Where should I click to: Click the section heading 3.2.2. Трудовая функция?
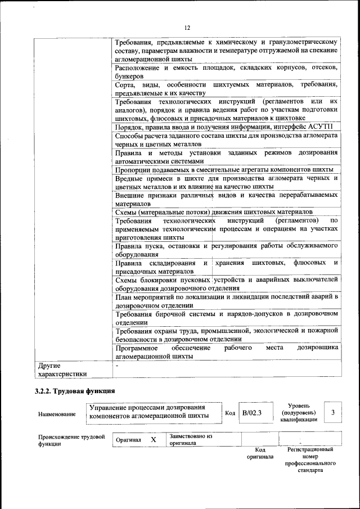coord(75,390)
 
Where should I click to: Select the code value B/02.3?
coord(252,413)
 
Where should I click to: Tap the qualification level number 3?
coord(333,413)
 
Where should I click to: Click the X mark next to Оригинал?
coord(153,439)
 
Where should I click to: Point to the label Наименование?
coord(57,415)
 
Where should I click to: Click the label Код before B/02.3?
coord(229,413)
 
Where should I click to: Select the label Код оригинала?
coord(260,453)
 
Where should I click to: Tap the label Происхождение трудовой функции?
coord(71,439)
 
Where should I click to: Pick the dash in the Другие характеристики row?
coord(116,365)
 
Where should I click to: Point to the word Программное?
coord(137,348)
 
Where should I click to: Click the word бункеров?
coord(129,75)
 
